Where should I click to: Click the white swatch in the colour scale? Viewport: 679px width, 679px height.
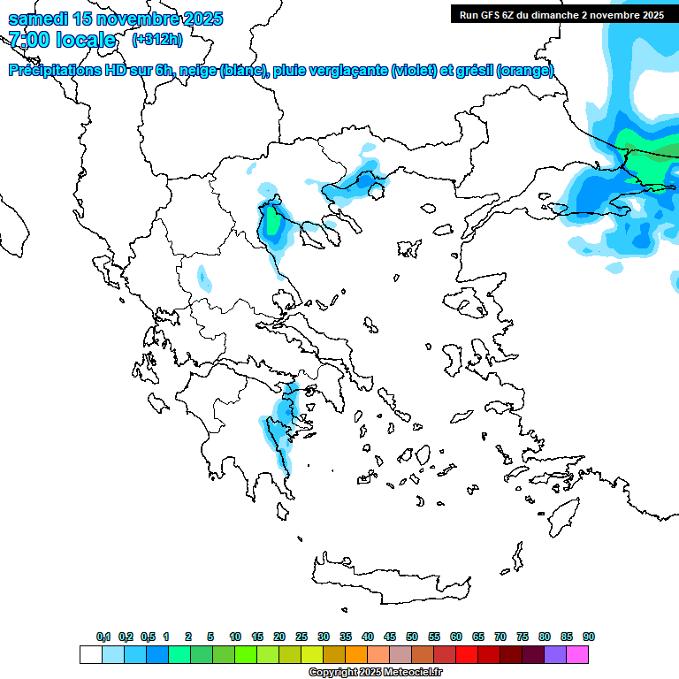[x=90, y=654]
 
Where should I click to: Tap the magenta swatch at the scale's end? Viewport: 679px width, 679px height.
[x=578, y=654]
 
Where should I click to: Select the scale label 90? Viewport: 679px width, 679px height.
[x=589, y=637]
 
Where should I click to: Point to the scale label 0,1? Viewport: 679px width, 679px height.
[x=103, y=637]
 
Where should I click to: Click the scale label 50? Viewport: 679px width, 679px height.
[x=412, y=637]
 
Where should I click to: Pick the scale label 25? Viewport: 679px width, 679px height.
[x=301, y=637]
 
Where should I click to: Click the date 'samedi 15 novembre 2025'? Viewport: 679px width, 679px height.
[x=115, y=19]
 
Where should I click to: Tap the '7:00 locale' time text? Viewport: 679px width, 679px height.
[x=62, y=40]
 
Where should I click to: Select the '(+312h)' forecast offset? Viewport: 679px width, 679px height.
[x=157, y=39]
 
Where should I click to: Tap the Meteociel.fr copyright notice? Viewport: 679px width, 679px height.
[x=375, y=673]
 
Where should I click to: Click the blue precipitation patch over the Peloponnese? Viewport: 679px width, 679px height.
[x=283, y=416]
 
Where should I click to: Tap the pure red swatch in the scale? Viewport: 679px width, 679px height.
[x=467, y=654]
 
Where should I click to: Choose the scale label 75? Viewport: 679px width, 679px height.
[x=523, y=637]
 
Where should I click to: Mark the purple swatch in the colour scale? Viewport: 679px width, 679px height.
[x=555, y=654]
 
